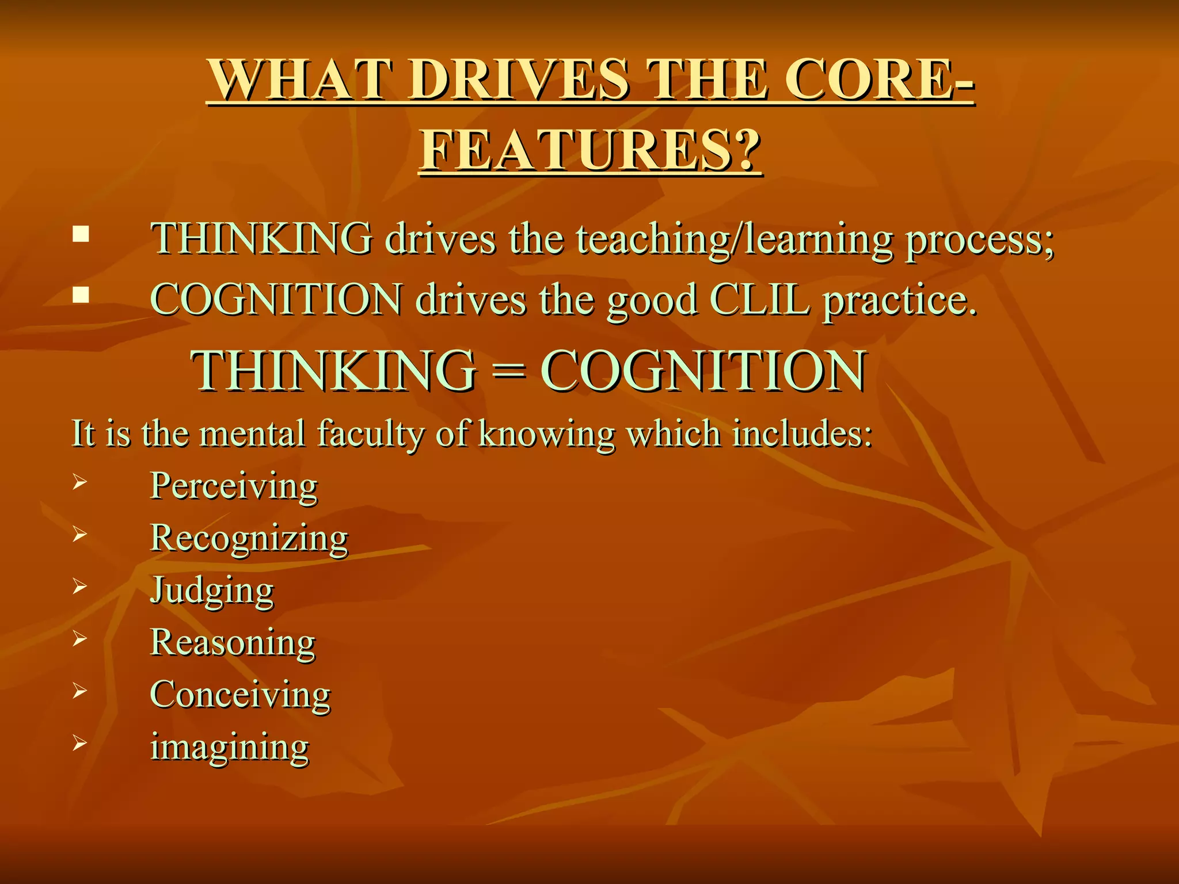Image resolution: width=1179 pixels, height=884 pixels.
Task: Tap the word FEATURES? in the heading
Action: pyautogui.click(x=590, y=151)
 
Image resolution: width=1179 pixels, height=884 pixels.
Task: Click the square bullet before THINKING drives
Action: pyautogui.click(x=81, y=234)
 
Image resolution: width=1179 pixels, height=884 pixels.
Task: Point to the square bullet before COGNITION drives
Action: pyautogui.click(x=81, y=295)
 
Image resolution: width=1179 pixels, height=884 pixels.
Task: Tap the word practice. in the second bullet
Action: pyautogui.click(x=900, y=300)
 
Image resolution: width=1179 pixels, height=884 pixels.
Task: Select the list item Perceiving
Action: pyautogui.click(x=233, y=486)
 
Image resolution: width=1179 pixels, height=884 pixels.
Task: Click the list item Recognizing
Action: pyautogui.click(x=249, y=539)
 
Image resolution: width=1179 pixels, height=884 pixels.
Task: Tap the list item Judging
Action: pyautogui.click(x=212, y=590)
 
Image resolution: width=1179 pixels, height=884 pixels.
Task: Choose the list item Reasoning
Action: pyautogui.click(x=233, y=642)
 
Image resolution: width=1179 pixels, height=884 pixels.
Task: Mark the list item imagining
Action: pyautogui.click(x=229, y=747)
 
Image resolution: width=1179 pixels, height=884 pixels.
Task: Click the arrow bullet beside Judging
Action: pyautogui.click(x=79, y=586)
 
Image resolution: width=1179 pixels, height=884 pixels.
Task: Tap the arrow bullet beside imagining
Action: pyautogui.click(x=79, y=744)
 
